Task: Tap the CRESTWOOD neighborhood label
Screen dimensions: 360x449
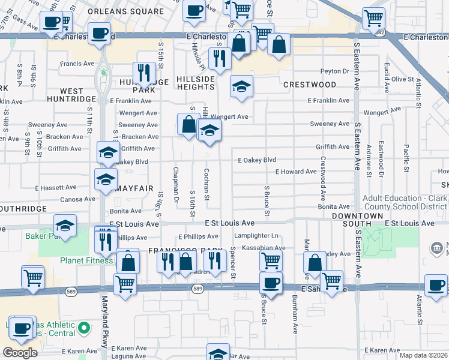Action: (x=310, y=85)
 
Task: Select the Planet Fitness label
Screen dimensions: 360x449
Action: (x=86, y=260)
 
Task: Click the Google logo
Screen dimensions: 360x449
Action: (x=20, y=352)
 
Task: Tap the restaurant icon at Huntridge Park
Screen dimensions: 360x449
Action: (x=144, y=73)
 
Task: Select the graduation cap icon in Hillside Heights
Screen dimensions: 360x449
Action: (x=241, y=86)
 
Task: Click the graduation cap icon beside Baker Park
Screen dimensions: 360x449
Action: (x=65, y=226)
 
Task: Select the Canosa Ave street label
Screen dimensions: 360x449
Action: (x=77, y=199)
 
